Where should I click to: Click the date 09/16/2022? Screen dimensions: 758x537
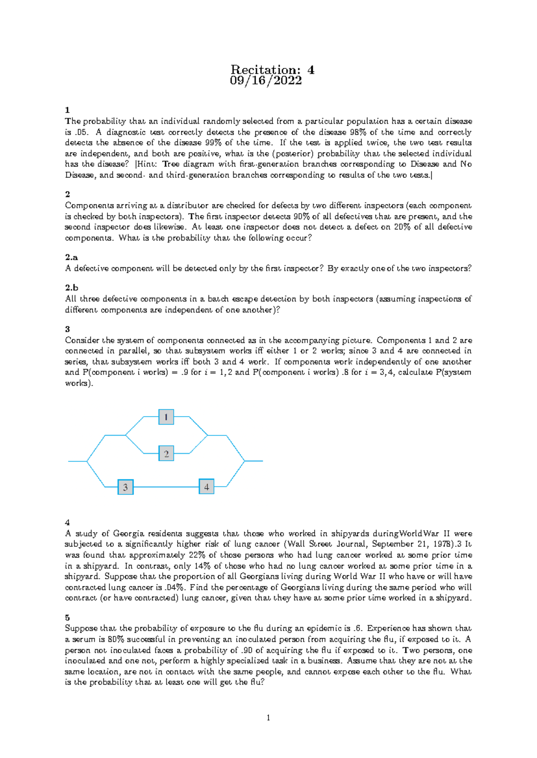pyautogui.click(x=266, y=81)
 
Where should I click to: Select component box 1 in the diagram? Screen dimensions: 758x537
pyautogui.click(x=166, y=417)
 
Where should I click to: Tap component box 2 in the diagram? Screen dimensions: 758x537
pyautogui.click(x=166, y=454)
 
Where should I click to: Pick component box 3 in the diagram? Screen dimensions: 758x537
pyautogui.click(x=125, y=487)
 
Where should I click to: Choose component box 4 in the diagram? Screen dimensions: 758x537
pyautogui.click(x=206, y=487)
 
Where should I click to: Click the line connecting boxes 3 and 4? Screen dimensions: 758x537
pyautogui.click(x=166, y=487)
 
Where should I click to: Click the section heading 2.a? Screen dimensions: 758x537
pyautogui.click(x=71, y=257)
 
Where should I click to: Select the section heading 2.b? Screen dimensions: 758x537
pyautogui.click(x=72, y=288)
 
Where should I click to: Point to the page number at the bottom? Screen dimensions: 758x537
pyautogui.click(x=268, y=718)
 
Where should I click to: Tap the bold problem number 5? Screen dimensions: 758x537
pyautogui.click(x=68, y=618)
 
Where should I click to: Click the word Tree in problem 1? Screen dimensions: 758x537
pyautogui.click(x=171, y=164)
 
